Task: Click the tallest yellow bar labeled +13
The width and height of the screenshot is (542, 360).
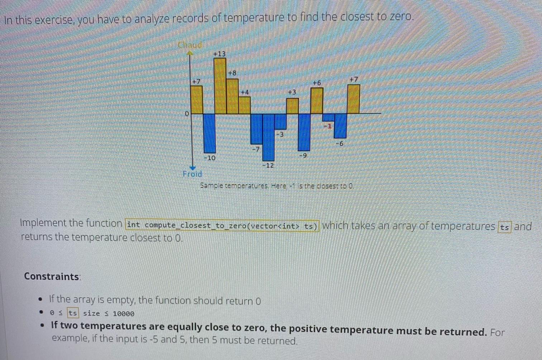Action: coord(220,86)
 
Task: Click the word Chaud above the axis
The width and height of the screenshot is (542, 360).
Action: coord(190,45)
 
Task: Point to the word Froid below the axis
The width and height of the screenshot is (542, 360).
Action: coord(192,174)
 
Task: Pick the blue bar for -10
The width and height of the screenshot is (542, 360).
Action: coord(210,133)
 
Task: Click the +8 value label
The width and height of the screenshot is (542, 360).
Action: coord(232,73)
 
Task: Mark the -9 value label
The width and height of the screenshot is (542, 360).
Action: coord(303,156)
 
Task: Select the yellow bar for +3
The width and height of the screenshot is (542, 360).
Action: coord(293,106)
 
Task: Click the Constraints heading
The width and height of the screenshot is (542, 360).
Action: coord(52,276)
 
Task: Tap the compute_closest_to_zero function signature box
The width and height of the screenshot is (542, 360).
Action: coord(222,226)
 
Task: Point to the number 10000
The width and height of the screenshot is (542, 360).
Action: coord(123,314)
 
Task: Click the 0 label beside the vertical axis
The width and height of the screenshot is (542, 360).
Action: coord(186,114)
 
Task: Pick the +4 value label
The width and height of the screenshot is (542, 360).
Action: coord(244,93)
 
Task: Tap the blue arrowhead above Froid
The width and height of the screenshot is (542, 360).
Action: coord(193,167)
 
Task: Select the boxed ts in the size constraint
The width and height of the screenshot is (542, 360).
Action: coord(73,313)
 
